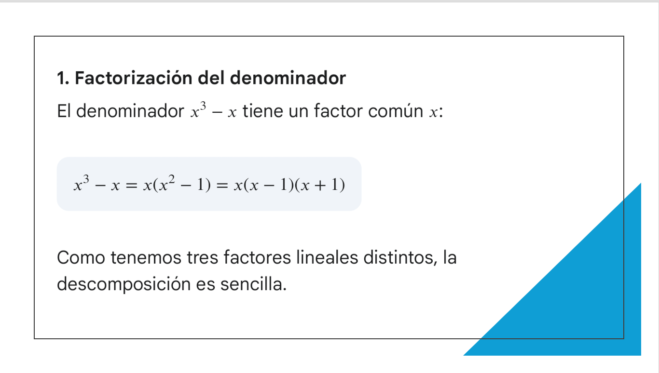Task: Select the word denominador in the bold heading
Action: (x=288, y=78)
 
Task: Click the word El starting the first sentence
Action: (x=64, y=111)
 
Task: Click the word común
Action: (x=396, y=111)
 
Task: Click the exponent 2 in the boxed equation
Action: (x=172, y=179)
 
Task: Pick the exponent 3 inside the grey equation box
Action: (x=86, y=179)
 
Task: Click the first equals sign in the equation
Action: (x=131, y=186)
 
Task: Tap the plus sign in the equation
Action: (x=320, y=186)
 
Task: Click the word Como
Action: (x=81, y=257)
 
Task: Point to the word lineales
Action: (x=327, y=257)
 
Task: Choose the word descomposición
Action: (x=124, y=284)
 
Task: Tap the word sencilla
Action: (x=253, y=284)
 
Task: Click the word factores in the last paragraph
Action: (x=257, y=257)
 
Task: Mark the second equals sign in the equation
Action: (x=222, y=186)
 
